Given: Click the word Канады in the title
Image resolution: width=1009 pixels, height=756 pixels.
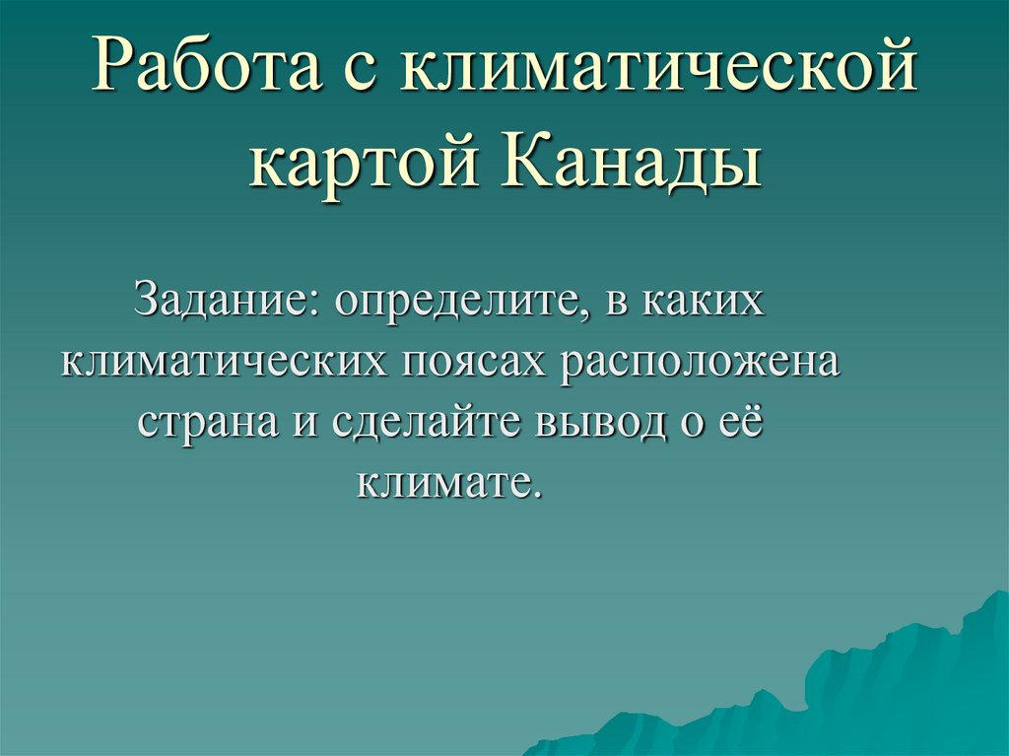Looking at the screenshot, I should tap(636, 162).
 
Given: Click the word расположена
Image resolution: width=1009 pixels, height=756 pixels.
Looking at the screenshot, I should tap(703, 362).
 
